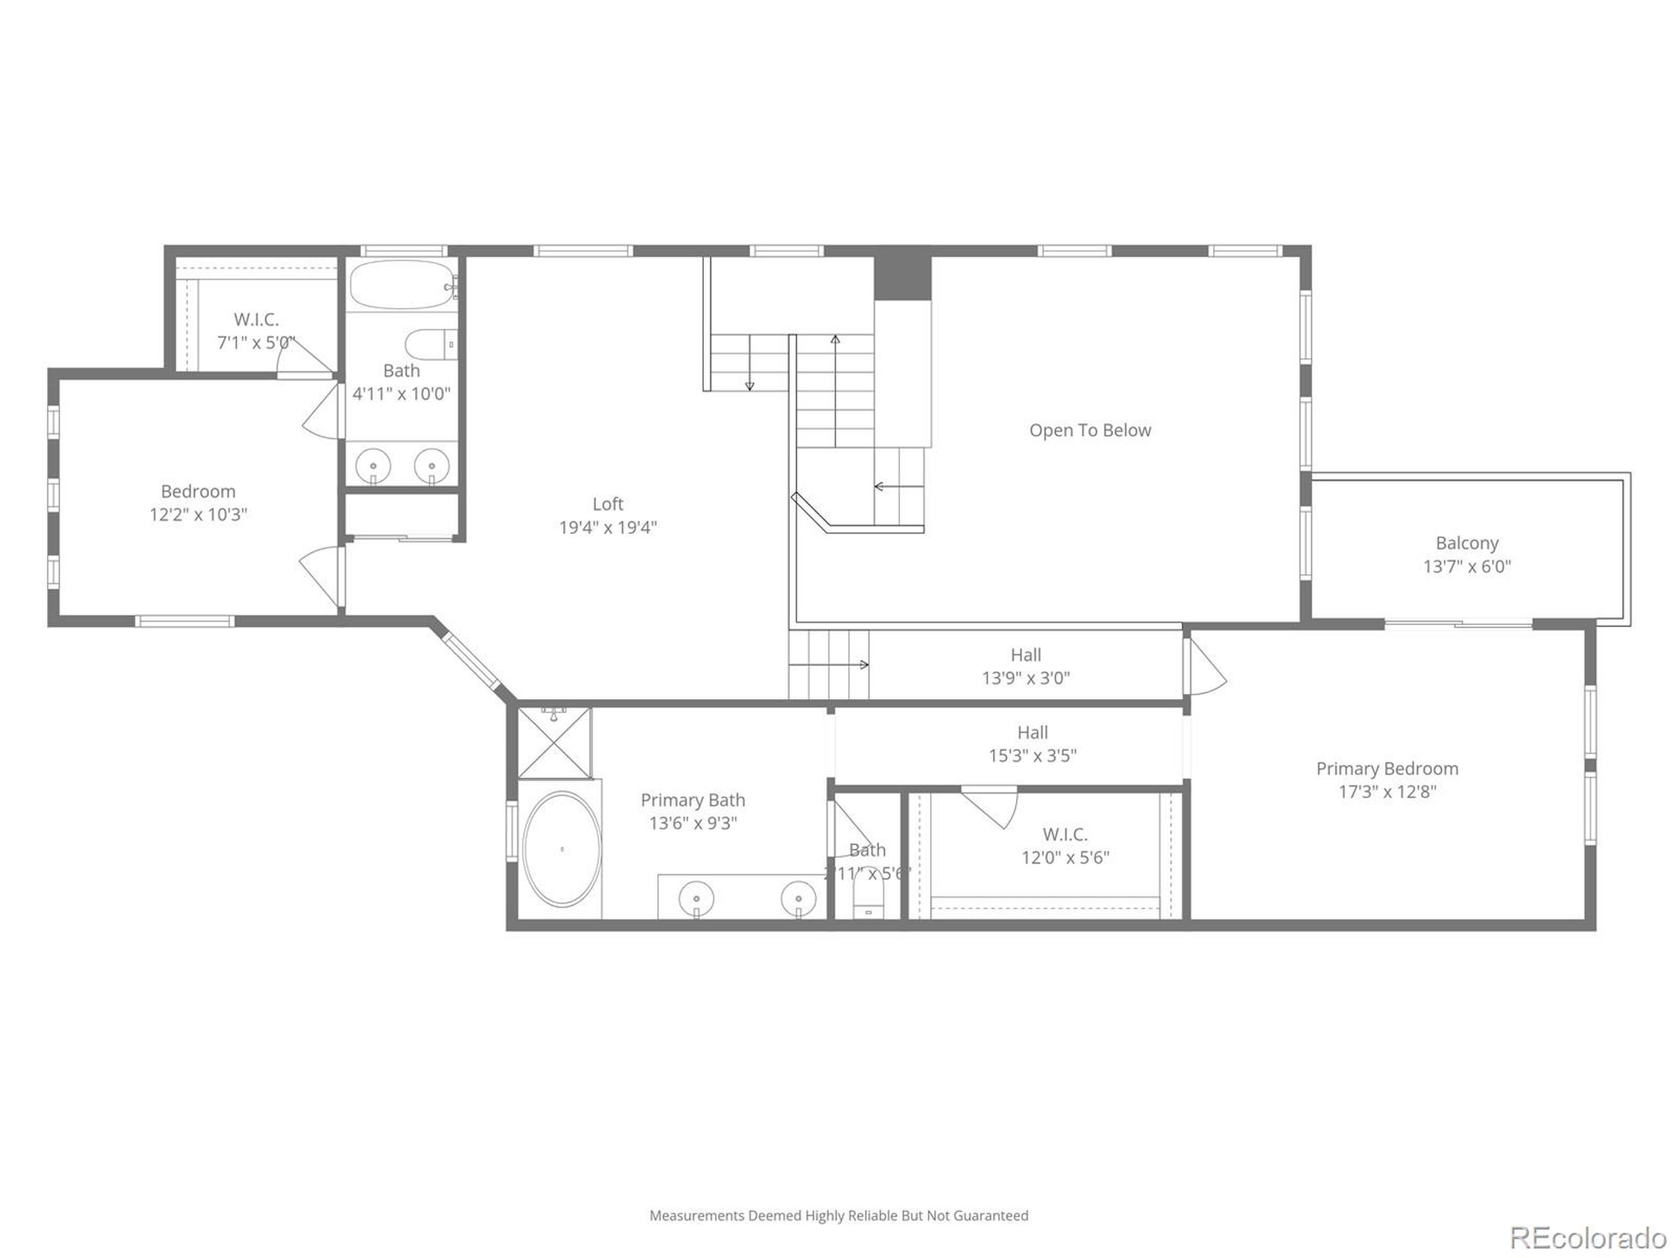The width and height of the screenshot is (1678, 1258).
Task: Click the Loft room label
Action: click(x=608, y=503)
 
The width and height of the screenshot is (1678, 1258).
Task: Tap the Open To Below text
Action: click(x=1089, y=430)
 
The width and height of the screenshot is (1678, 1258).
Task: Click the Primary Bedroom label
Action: click(x=1387, y=768)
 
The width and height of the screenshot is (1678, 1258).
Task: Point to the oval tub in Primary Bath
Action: click(x=561, y=848)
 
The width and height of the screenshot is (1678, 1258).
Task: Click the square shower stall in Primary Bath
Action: click(x=555, y=743)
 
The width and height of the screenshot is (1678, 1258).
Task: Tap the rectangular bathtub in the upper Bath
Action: click(x=402, y=285)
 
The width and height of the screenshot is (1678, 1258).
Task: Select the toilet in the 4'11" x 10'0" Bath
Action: click(x=429, y=345)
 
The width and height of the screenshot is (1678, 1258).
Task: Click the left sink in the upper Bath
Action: click(x=373, y=464)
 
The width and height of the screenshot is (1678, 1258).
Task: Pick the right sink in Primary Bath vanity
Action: click(x=799, y=900)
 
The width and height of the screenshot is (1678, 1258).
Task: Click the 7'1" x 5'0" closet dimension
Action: click(x=256, y=343)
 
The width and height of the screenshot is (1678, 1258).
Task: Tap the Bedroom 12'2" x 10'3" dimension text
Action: click(x=198, y=515)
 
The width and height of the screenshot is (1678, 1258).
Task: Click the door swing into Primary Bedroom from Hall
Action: click(x=1206, y=667)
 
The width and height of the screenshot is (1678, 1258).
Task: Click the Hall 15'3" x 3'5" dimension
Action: click(x=1032, y=756)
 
